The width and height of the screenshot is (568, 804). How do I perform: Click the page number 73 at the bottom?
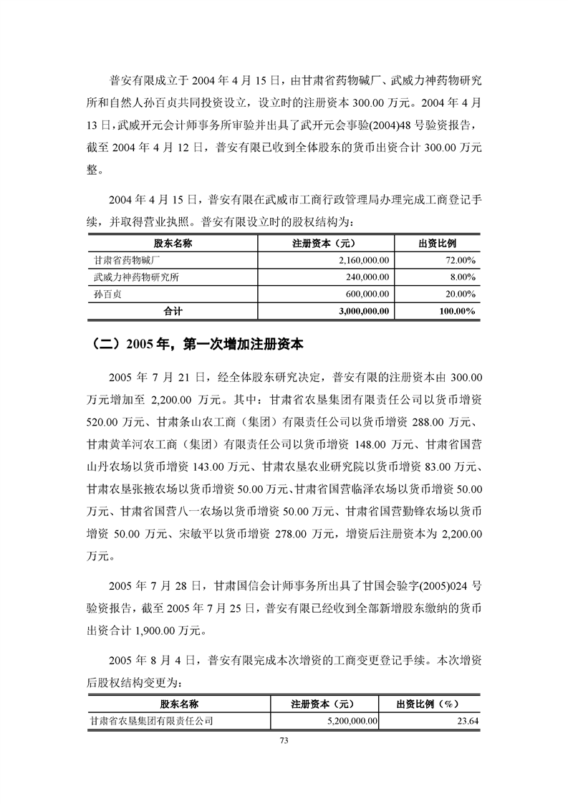pyautogui.click(x=284, y=740)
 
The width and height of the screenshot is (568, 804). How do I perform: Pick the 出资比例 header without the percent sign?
pyautogui.click(x=437, y=244)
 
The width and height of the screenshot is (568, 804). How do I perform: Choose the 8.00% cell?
pyautogui.click(x=463, y=277)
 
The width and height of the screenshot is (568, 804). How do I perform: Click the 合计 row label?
pyautogui.click(x=173, y=312)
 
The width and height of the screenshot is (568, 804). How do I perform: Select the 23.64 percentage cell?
pyautogui.click(x=468, y=722)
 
